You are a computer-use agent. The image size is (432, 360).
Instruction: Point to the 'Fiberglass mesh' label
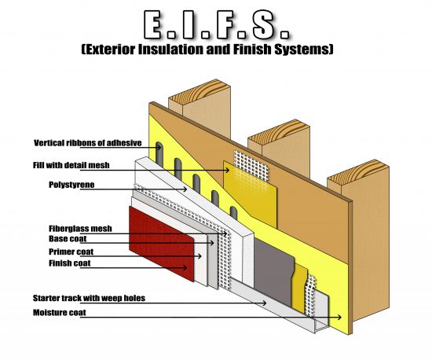pos(80,228)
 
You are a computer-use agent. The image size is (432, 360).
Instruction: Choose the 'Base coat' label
pos(67,238)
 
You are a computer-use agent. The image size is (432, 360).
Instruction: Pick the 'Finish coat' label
pos(69,263)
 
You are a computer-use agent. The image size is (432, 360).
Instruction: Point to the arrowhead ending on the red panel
pos(188,267)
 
